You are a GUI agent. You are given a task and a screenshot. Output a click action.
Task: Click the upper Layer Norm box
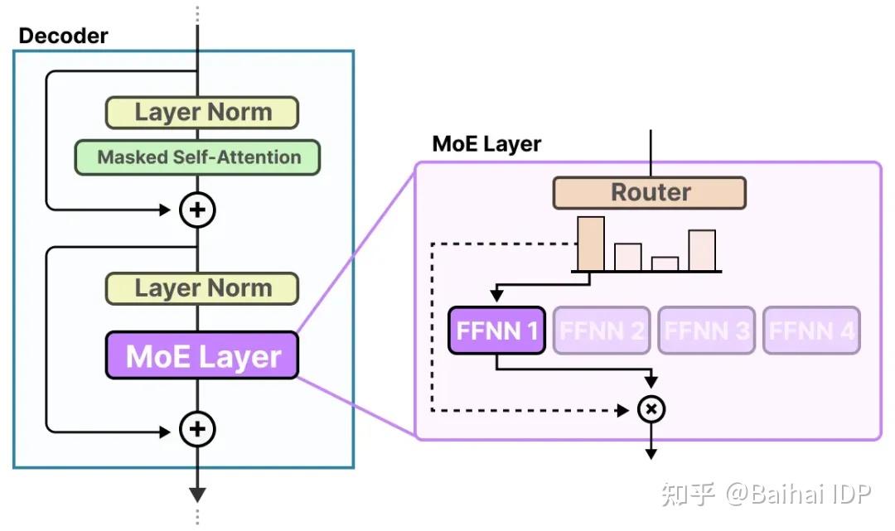point(201,113)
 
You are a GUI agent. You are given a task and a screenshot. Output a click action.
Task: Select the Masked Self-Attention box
point(198,157)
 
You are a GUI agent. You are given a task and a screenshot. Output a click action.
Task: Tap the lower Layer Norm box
point(201,288)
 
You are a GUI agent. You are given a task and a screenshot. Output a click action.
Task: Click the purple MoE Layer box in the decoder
point(201,356)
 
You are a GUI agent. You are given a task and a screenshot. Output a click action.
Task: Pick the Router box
point(650,192)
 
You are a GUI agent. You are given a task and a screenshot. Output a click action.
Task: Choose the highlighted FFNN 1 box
point(496,331)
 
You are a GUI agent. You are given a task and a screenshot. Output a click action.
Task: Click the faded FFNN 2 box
point(602,331)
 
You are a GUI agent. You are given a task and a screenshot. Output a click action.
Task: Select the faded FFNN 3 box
point(707,331)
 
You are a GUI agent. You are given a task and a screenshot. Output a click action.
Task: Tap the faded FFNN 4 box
point(811,331)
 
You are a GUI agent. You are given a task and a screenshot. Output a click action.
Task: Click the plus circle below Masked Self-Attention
point(197,210)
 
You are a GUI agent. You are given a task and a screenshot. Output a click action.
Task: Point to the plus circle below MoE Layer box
point(197,429)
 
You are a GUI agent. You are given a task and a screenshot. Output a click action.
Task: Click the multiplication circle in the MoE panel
point(651,409)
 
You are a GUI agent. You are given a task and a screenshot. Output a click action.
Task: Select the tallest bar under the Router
point(591,244)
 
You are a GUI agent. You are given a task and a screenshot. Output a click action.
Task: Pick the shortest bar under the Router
point(665,263)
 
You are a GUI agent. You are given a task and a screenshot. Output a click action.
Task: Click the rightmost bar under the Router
point(701,250)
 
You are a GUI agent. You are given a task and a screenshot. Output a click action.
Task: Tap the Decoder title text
point(63,36)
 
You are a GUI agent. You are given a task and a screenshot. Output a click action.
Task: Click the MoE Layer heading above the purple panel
point(486,143)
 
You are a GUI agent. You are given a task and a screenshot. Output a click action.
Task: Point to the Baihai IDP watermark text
point(799,495)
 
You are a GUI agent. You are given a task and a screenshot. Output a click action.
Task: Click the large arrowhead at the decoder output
point(197,495)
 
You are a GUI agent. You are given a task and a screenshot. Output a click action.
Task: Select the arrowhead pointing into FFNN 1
point(496,295)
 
